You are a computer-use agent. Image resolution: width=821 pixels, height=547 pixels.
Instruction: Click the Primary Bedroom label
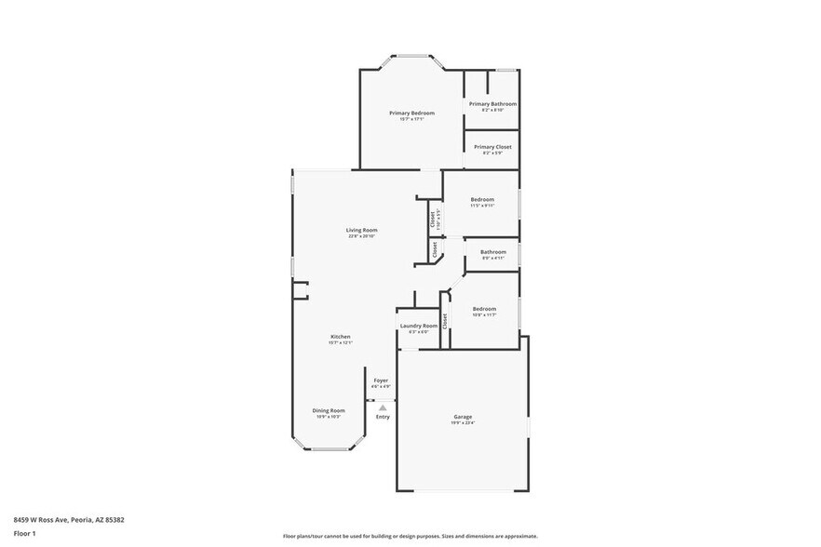tap(411, 113)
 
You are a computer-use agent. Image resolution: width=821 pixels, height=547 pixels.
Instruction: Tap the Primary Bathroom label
tap(492, 104)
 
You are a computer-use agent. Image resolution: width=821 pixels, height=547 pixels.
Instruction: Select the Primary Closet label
tap(491, 147)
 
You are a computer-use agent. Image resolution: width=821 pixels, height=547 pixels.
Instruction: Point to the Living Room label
tap(362, 230)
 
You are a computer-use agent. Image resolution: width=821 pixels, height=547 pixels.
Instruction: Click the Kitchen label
tap(340, 336)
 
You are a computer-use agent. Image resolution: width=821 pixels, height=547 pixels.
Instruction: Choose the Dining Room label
tap(329, 410)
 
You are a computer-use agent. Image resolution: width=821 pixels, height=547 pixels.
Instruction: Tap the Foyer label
tap(381, 380)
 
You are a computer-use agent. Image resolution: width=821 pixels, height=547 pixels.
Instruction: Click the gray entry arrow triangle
tap(382, 407)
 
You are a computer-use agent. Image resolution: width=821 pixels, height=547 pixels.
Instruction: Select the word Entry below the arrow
tap(383, 417)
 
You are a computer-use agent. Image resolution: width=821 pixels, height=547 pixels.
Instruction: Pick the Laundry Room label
tap(418, 326)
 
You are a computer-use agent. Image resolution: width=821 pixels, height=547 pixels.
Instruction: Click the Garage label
tap(463, 417)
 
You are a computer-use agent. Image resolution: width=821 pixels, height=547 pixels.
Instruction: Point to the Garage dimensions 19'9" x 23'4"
tap(463, 423)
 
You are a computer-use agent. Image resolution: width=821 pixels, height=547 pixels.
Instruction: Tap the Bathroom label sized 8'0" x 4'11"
tap(493, 252)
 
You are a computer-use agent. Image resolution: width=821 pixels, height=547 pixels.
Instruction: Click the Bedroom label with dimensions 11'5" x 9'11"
tap(482, 200)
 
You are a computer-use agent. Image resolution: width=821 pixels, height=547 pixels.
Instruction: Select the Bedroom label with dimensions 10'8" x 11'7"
tap(484, 309)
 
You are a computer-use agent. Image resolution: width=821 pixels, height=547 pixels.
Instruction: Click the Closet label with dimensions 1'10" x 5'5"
tap(433, 219)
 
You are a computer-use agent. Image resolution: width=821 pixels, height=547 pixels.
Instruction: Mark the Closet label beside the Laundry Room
tap(445, 321)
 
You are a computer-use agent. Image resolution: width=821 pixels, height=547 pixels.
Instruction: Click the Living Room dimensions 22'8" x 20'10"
tap(362, 236)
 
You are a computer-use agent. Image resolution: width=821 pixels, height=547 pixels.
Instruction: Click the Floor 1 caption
tap(25, 535)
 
